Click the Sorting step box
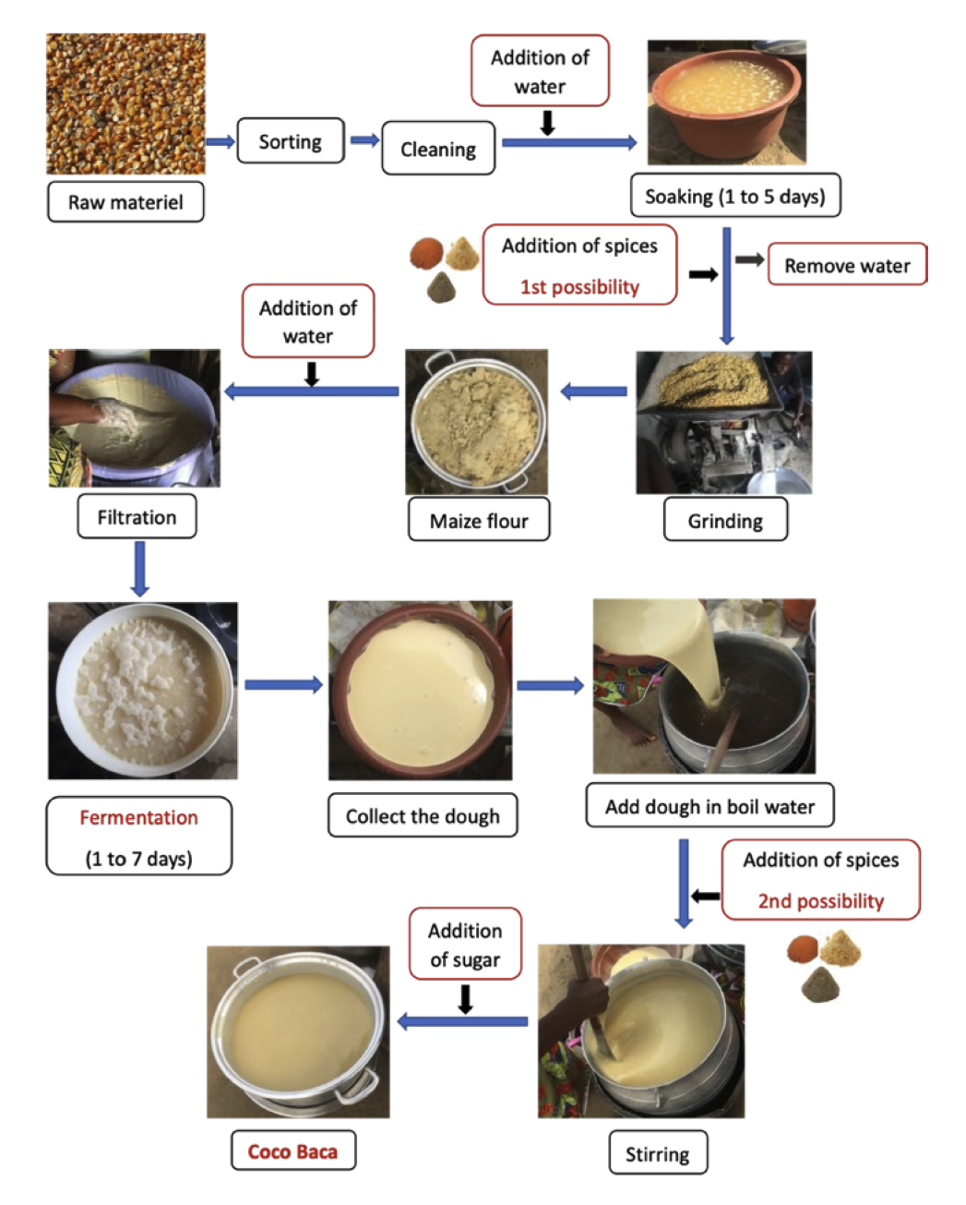(291, 141)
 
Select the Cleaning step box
(438, 149)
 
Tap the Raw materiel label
(125, 202)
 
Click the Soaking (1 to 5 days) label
(734, 196)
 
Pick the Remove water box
(847, 265)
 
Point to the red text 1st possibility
(579, 287)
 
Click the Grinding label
(725, 521)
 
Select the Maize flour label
(479, 521)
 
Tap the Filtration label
(137, 517)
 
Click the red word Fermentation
(138, 817)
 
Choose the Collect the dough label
(423, 815)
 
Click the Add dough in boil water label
(710, 806)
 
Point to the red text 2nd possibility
(820, 901)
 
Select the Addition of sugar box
(465, 945)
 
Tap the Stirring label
(657, 1154)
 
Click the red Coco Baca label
(292, 1151)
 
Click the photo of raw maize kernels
(126, 104)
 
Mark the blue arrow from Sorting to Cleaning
(364, 140)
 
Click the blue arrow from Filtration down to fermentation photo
(139, 568)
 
